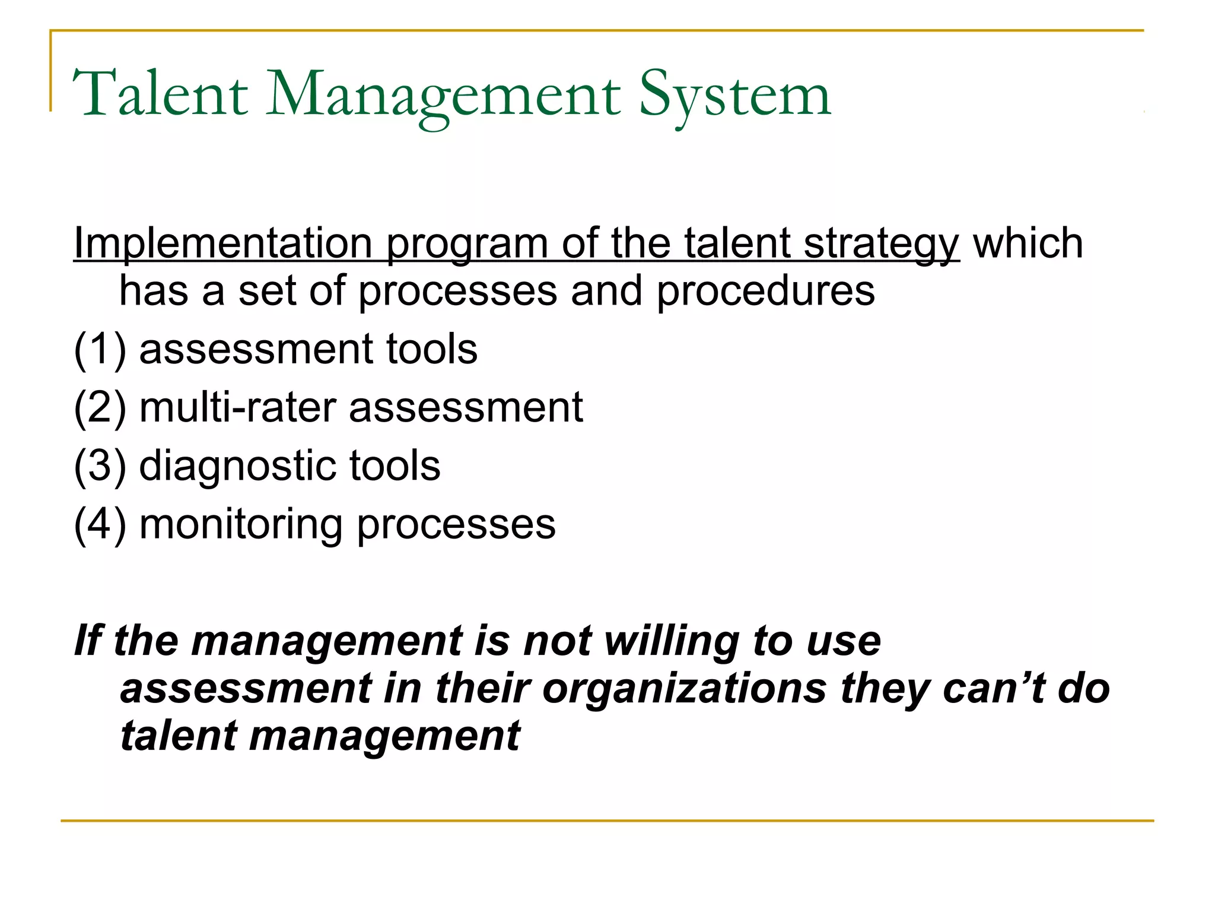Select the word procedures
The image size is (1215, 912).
[x=765, y=292]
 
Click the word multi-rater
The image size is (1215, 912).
[x=237, y=408]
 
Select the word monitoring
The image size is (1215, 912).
[x=241, y=525]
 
